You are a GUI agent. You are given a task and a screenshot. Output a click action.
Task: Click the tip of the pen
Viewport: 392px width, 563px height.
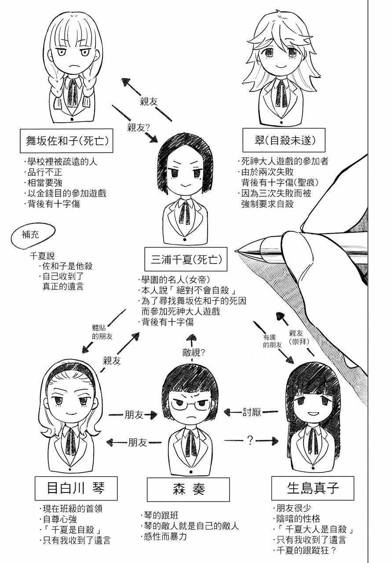coord(237,251)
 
